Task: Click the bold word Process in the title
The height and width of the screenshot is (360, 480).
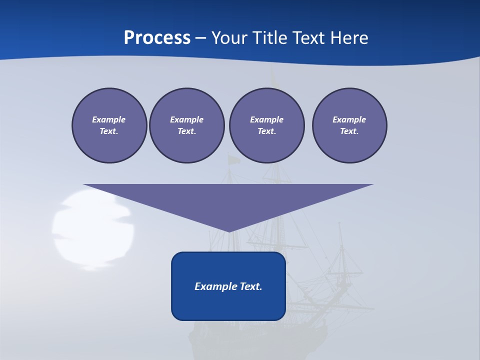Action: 157,38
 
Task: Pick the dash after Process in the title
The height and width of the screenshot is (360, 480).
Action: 200,38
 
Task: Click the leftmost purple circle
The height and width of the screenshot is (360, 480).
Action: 109,125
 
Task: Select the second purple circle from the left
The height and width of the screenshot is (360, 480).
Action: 186,125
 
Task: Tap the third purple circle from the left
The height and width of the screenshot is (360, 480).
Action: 266,125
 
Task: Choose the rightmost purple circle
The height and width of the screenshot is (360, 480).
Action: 349,125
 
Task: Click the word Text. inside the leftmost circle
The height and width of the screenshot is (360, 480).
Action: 109,131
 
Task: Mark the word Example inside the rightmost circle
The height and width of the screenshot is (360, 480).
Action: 349,119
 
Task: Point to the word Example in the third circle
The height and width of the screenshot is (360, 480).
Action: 266,119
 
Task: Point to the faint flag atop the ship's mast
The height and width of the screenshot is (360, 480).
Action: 233,159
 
